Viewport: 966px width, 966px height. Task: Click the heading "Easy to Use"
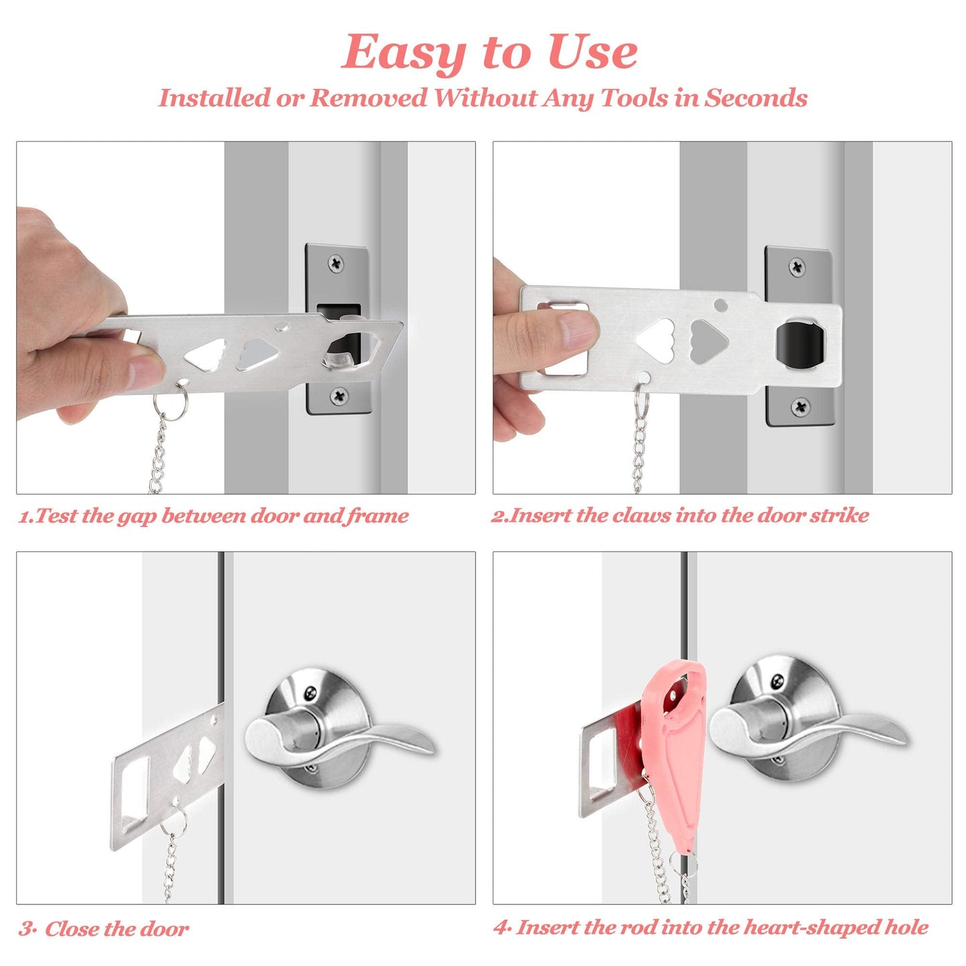(x=489, y=52)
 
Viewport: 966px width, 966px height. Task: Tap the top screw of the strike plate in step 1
(x=337, y=263)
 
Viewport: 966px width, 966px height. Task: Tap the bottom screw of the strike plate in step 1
(x=340, y=396)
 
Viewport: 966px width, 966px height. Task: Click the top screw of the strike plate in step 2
(x=797, y=267)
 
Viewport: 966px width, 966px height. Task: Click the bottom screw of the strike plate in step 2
(x=800, y=406)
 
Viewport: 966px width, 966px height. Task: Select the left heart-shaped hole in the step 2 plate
(x=655, y=338)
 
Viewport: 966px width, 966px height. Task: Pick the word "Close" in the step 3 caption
(x=72, y=929)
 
